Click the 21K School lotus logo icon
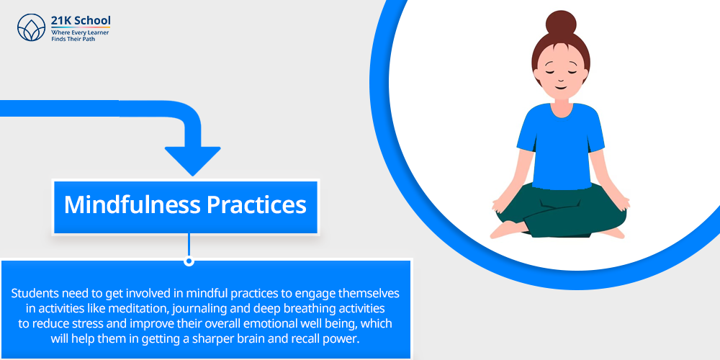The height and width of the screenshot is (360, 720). click(x=31, y=27)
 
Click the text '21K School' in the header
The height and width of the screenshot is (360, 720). click(x=81, y=21)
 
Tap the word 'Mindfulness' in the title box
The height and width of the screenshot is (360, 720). click(x=132, y=204)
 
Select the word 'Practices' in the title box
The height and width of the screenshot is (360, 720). click(x=256, y=204)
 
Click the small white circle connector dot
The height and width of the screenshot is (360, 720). click(x=188, y=261)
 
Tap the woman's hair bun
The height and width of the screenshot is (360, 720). click(x=561, y=24)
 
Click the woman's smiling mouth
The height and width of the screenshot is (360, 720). click(x=560, y=87)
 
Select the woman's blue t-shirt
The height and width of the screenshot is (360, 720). click(x=560, y=146)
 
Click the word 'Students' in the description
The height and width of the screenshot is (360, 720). click(x=31, y=293)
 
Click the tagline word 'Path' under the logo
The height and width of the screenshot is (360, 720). click(x=89, y=40)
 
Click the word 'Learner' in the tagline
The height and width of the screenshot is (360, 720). click(x=98, y=33)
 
